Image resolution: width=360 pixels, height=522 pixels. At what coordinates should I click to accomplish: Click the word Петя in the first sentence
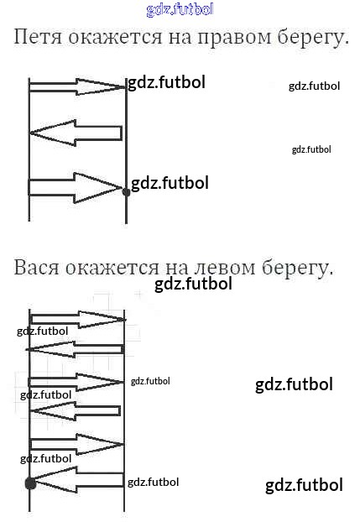click(38, 37)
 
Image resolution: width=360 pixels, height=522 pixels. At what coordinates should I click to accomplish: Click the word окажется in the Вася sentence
click(112, 268)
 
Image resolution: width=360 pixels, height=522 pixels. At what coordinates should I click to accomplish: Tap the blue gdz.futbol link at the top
click(180, 10)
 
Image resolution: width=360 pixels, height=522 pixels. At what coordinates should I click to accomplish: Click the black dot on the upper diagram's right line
click(126, 192)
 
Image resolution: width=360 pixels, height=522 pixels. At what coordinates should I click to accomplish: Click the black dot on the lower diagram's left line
click(30, 483)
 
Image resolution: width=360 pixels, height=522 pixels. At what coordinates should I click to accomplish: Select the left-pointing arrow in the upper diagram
click(76, 133)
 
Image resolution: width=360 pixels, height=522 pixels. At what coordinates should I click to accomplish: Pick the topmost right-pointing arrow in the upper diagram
click(77, 86)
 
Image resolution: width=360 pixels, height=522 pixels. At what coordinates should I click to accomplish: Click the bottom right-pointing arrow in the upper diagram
click(76, 188)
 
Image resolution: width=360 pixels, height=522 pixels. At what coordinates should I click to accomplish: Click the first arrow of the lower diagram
click(78, 319)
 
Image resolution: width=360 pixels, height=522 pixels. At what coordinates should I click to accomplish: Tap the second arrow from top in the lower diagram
click(76, 349)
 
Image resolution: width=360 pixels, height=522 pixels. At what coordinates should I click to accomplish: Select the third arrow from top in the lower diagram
click(76, 382)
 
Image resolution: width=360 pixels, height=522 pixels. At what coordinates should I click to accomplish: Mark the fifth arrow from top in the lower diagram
click(77, 444)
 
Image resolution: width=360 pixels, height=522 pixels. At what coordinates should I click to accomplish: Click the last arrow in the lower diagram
click(77, 479)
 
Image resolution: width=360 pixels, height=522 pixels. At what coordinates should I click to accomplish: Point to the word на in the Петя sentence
click(180, 37)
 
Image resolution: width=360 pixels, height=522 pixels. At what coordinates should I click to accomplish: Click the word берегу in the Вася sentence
click(297, 269)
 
